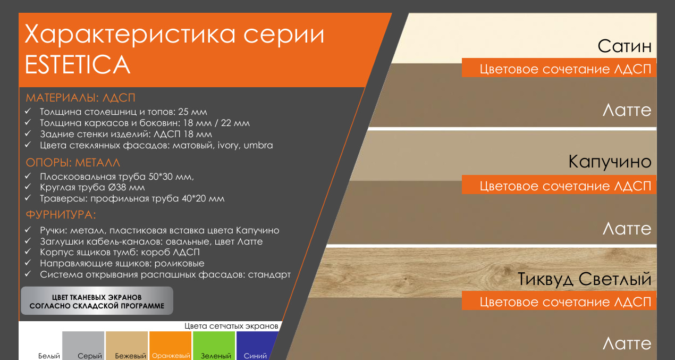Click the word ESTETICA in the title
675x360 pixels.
pyautogui.click(x=78, y=64)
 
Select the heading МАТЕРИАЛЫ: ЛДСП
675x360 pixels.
pyautogui.click(x=80, y=98)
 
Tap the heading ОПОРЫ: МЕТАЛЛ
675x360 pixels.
pyautogui.click(x=73, y=163)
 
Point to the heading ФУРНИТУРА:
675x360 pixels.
pyautogui.click(x=61, y=215)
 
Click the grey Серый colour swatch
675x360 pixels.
pyautogui.click(x=83, y=346)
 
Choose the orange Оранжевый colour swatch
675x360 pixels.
pyautogui.click(x=170, y=346)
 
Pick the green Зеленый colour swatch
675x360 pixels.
pyautogui.click(x=214, y=346)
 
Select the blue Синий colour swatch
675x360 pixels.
pyautogui.click(x=256, y=346)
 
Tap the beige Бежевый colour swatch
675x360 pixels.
pyautogui.click(x=127, y=346)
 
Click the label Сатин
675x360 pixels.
pyautogui.click(x=625, y=46)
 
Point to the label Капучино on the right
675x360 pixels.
pyautogui.click(x=610, y=162)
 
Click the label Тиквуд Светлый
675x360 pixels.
pyautogui.click(x=585, y=279)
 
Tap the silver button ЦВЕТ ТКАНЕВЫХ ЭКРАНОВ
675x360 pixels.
pyautogui.click(x=97, y=301)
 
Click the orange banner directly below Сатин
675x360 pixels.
pyautogui.click(x=559, y=68)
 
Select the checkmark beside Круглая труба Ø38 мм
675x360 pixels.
pyautogui.click(x=28, y=187)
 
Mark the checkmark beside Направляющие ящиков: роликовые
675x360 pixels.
pyautogui.click(x=28, y=263)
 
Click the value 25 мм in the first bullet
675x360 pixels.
pyautogui.click(x=192, y=112)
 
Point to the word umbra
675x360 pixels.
pyautogui.click(x=258, y=145)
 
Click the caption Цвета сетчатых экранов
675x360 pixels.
pyautogui.click(x=231, y=326)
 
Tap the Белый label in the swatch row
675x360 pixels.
pyautogui.click(x=49, y=356)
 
